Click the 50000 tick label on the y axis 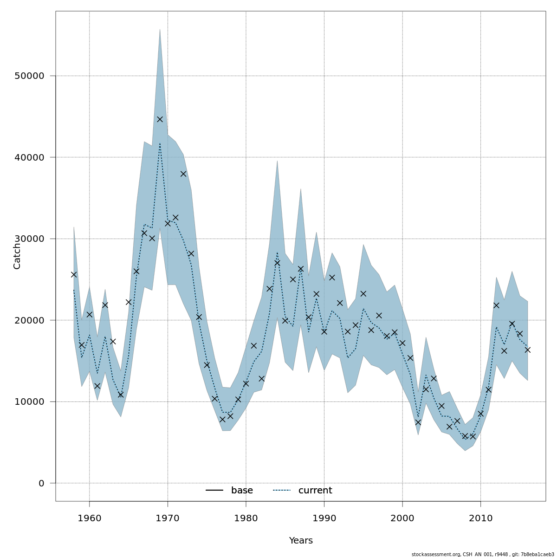[x=29, y=76]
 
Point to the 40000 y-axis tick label [x=29, y=157]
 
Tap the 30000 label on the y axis [x=29, y=239]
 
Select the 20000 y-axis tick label [x=29, y=320]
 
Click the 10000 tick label [x=29, y=402]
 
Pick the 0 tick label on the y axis [x=41, y=483]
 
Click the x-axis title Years [x=301, y=541]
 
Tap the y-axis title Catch [x=17, y=256]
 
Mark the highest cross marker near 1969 [x=160, y=119]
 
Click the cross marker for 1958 [x=74, y=274]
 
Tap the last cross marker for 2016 [x=528, y=350]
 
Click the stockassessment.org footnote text [x=483, y=554]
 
